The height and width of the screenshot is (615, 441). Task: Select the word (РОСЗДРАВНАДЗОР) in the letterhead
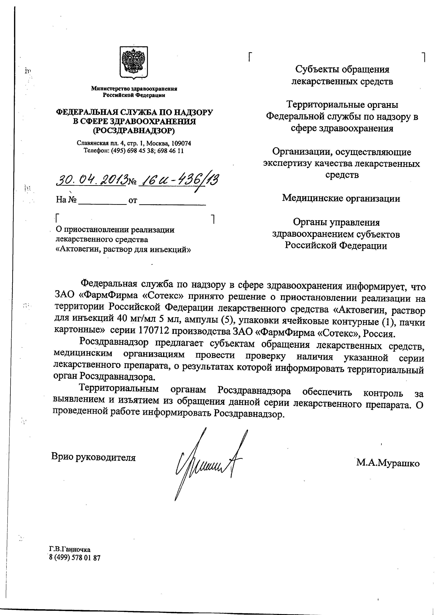(x=134, y=131)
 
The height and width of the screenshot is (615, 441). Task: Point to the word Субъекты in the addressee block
(x=316, y=69)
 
